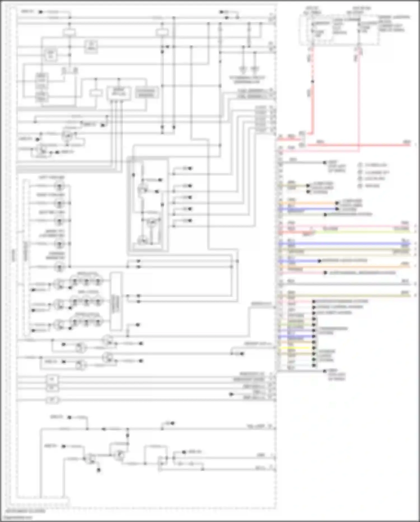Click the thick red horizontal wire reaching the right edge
(x=364, y=145)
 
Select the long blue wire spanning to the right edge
(x=344, y=244)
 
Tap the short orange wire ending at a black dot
(x=308, y=203)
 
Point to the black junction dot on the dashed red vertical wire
(x=312, y=82)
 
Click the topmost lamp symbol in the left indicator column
(x=59, y=186)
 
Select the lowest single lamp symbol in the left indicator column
(x=59, y=267)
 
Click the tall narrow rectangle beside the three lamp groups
(x=116, y=302)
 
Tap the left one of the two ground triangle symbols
(x=243, y=69)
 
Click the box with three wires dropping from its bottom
(x=118, y=93)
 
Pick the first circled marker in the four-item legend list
(x=360, y=165)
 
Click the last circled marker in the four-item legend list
(x=360, y=186)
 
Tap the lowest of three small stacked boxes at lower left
(x=52, y=400)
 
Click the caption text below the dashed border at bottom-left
(x=25, y=511)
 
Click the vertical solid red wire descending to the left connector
(x=312, y=112)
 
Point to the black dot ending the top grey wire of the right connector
(x=325, y=162)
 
